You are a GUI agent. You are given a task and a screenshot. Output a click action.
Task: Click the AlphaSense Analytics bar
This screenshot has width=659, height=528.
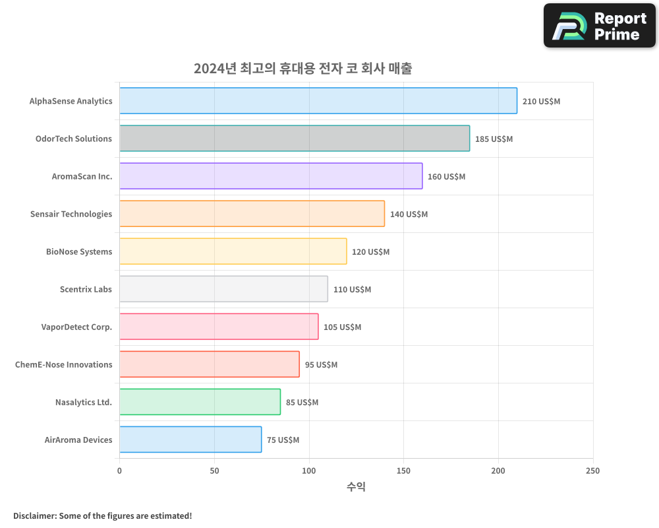[x=318, y=101]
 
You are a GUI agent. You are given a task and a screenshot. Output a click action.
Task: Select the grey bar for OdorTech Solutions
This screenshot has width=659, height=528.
[x=295, y=139]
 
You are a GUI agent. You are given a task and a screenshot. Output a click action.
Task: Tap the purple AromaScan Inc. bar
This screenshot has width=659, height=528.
[x=271, y=176]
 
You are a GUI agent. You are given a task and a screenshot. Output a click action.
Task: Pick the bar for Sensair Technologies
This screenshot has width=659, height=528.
[x=252, y=214]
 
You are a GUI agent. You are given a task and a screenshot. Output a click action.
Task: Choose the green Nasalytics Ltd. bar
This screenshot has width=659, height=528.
[x=200, y=402]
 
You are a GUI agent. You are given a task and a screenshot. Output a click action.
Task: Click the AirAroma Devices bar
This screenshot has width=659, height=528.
[x=190, y=440]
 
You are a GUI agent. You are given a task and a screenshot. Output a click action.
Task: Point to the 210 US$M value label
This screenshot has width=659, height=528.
[x=541, y=102]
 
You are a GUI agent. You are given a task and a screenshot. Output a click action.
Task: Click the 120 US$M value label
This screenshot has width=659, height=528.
[x=370, y=252]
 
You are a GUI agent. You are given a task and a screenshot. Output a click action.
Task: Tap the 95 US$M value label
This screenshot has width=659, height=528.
[x=321, y=365]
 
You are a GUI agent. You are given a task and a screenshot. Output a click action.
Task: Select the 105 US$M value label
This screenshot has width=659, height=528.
[x=342, y=327]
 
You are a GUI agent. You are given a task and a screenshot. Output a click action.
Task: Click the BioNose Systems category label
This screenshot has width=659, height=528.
[x=79, y=251]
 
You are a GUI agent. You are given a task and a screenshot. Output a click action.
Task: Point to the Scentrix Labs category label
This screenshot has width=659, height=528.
[x=86, y=289]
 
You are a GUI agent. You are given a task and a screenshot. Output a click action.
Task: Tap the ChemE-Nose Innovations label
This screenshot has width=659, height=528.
[x=64, y=364]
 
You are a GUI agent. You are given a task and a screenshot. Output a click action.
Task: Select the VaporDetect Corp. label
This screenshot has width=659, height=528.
[x=76, y=327]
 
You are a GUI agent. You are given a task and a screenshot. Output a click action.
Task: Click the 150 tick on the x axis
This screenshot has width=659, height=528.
[x=403, y=471]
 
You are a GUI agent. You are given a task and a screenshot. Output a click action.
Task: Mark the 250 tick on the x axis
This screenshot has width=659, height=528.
[x=592, y=471]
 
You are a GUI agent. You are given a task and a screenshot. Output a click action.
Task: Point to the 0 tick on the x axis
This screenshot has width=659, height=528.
[x=119, y=471]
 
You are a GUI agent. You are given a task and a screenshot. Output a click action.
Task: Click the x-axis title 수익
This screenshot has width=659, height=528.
[x=356, y=487]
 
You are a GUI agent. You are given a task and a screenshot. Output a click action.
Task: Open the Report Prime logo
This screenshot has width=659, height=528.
[x=600, y=26]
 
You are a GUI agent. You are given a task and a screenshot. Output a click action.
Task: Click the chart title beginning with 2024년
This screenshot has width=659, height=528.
[x=302, y=69]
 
